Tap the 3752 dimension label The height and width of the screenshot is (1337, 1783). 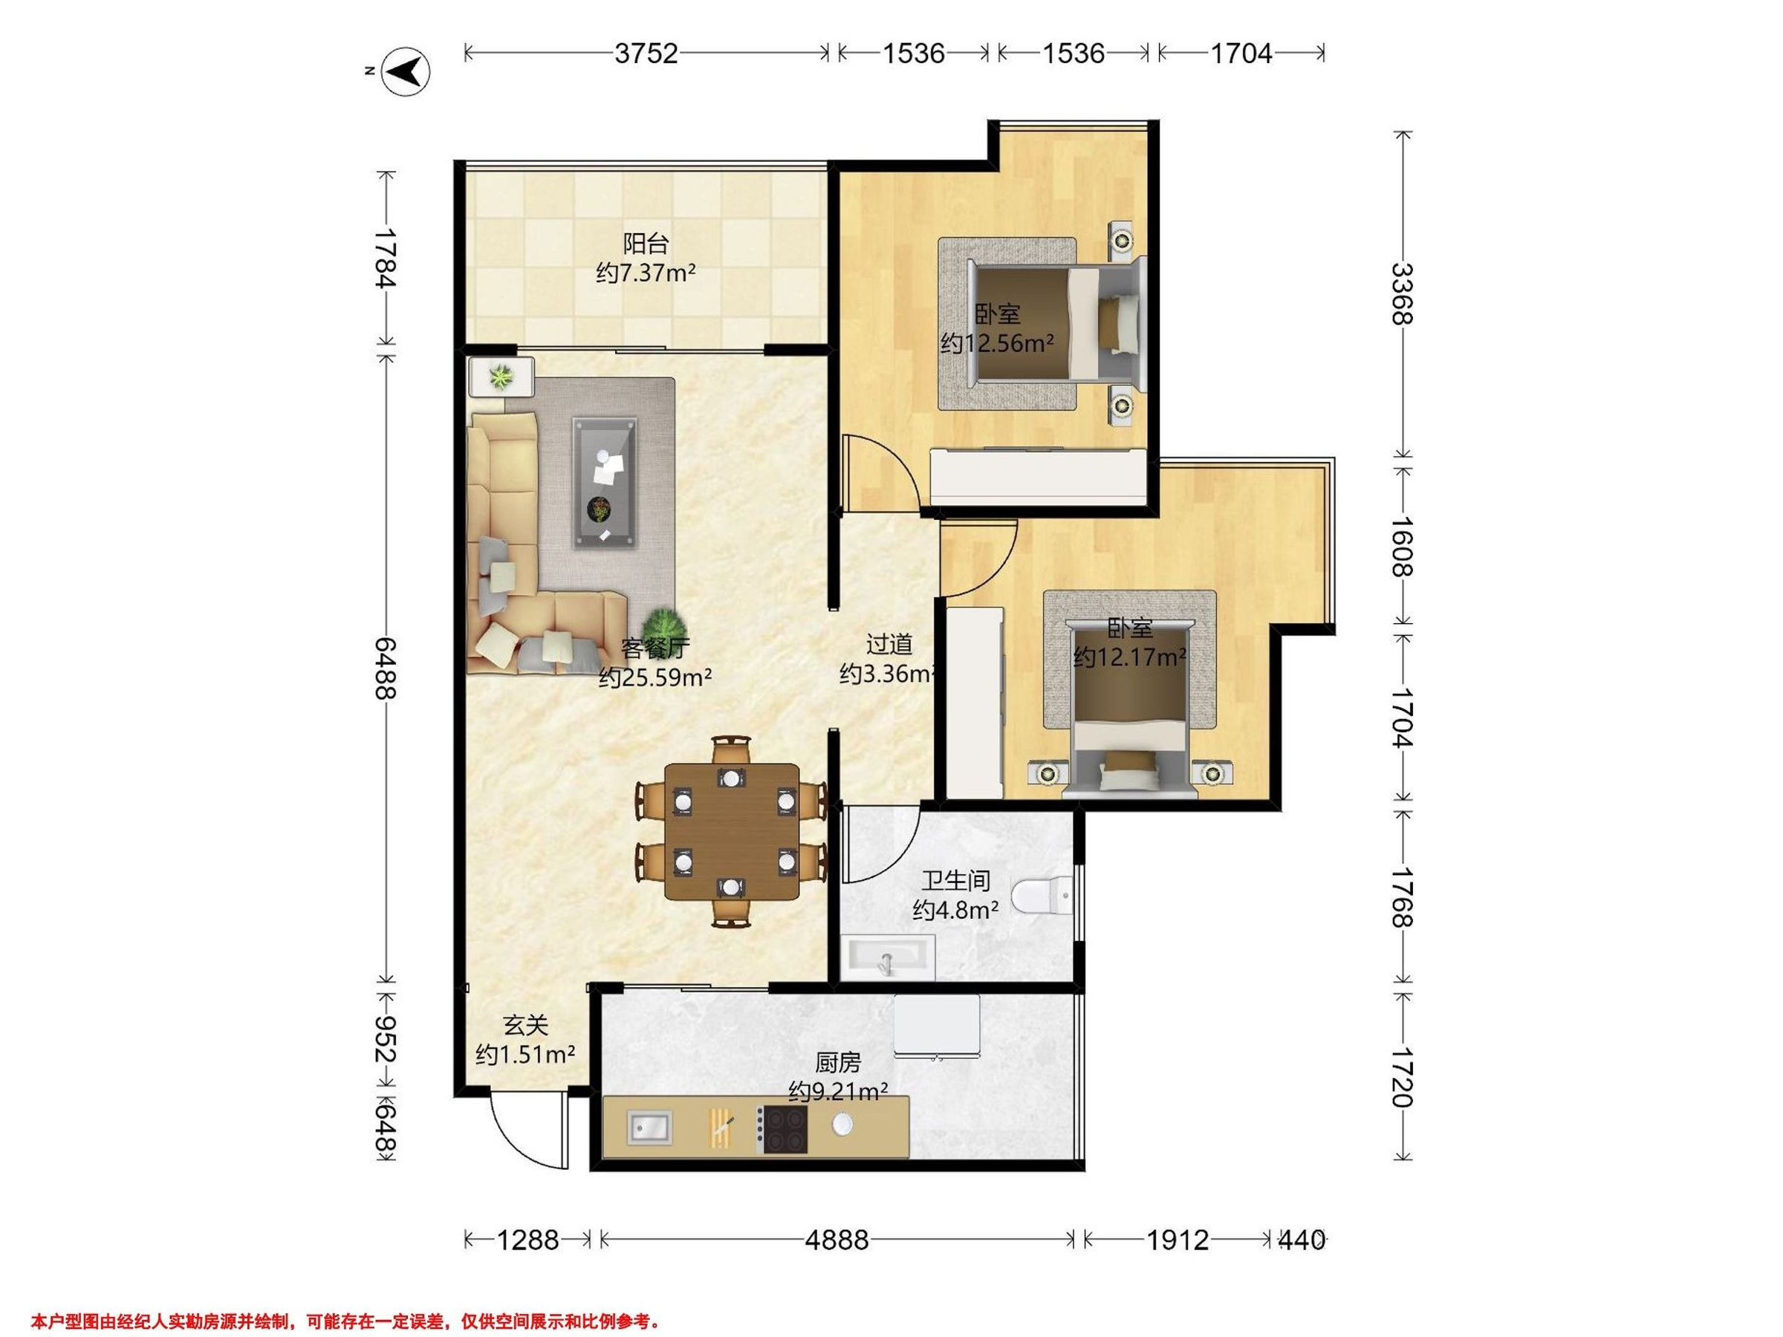point(646,53)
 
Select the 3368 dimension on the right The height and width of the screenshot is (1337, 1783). point(1403,294)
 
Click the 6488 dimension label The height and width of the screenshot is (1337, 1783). point(387,667)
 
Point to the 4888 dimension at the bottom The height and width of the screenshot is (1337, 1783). point(837,1240)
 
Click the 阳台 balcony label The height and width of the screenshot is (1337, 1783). point(646,244)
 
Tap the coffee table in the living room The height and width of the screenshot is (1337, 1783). point(605,483)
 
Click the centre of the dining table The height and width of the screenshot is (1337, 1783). point(732,832)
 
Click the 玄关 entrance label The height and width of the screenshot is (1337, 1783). point(525,1026)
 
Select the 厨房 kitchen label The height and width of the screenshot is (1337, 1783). point(837,1064)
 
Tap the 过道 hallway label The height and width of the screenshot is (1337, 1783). point(889,644)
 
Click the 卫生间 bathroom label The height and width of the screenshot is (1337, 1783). point(956,881)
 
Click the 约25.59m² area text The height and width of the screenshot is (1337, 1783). point(655,677)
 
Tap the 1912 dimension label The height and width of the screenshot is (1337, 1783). point(1178,1240)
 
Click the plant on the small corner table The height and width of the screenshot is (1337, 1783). point(502,376)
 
